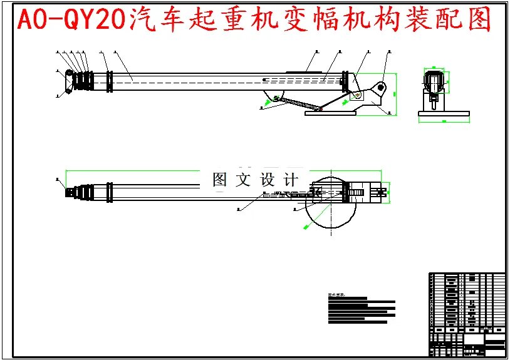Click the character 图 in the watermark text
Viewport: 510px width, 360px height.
(x=220, y=180)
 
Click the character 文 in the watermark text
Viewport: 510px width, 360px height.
(x=243, y=180)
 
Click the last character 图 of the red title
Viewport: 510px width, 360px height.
(x=478, y=21)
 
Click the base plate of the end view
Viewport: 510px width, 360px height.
(x=444, y=113)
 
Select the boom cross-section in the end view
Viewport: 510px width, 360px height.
(x=434, y=81)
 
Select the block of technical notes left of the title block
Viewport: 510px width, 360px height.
(x=362, y=309)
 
